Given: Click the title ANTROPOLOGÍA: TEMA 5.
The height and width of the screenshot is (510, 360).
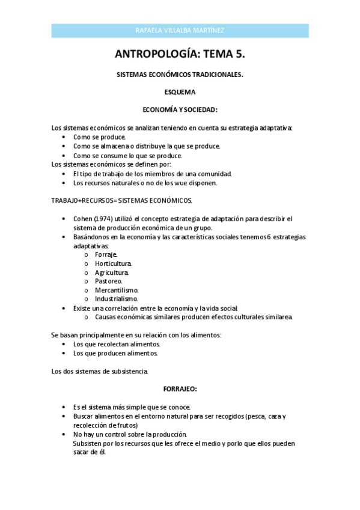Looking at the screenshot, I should [180, 54].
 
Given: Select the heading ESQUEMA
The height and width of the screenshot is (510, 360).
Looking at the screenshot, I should [180, 93].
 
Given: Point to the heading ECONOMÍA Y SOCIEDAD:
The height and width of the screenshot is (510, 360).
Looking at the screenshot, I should [180, 110].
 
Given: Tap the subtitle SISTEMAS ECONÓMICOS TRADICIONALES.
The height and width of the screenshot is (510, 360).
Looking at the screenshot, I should [180, 75].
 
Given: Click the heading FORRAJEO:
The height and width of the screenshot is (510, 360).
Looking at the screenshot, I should [180, 389].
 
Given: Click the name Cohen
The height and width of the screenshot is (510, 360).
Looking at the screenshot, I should [82, 219].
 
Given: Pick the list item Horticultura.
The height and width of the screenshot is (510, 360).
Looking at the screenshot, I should [114, 263].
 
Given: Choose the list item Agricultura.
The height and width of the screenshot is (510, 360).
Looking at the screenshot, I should [112, 272].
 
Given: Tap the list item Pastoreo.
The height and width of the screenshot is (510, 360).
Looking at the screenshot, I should [108, 281].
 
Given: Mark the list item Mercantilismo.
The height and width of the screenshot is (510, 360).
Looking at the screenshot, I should [116, 290].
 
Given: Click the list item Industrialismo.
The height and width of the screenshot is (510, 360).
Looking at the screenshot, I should [116, 298].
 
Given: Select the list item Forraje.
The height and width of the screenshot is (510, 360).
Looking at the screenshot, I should [106, 254].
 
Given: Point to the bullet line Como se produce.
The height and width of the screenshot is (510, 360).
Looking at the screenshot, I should [100, 137].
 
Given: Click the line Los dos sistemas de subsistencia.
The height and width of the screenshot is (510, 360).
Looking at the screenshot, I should [100, 371].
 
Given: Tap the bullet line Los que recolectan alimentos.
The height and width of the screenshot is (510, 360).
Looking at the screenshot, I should [117, 344].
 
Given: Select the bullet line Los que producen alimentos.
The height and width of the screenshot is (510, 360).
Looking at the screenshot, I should [115, 353].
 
